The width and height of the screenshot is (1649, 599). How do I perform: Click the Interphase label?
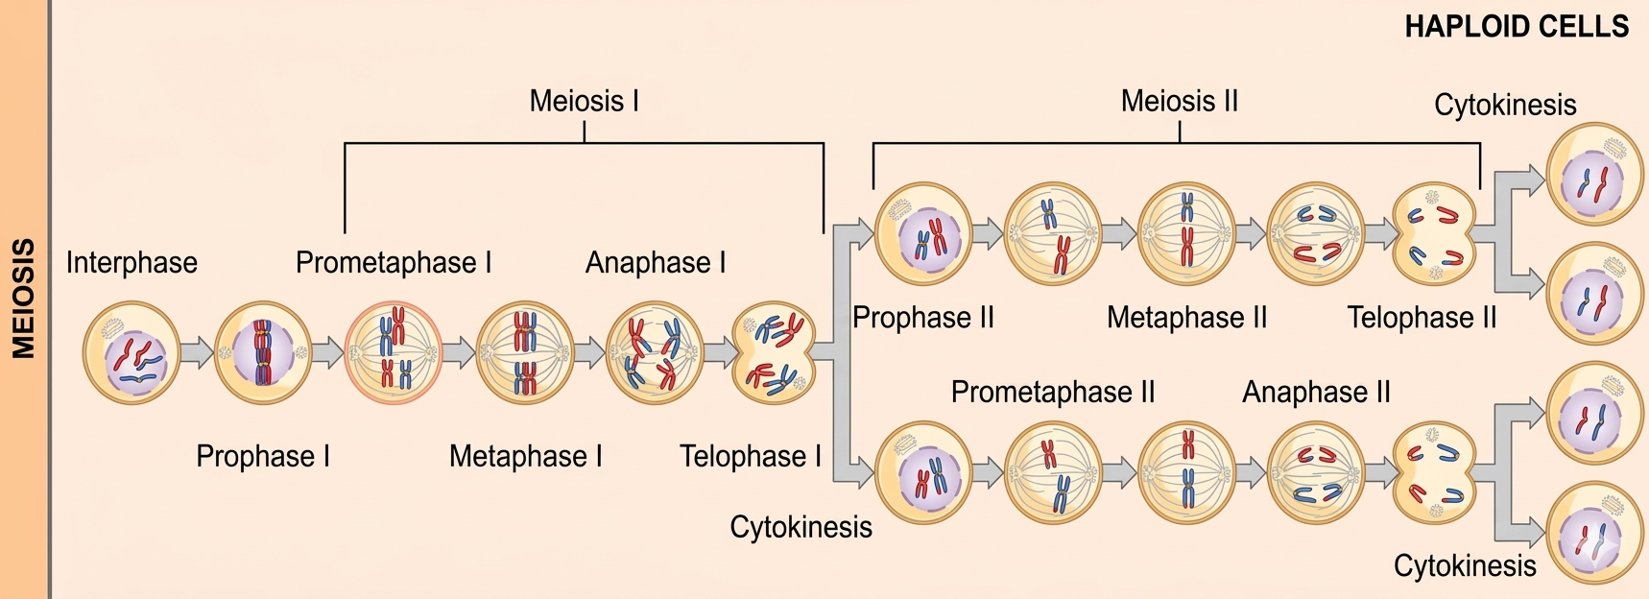131,263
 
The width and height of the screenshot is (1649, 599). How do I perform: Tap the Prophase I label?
263,456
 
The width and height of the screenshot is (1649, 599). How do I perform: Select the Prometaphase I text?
394,263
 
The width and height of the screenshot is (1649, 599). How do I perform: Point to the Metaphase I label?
525,456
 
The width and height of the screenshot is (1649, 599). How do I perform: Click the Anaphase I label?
656,263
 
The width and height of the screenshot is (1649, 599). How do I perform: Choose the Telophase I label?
750,456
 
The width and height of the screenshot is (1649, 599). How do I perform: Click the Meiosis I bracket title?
584,101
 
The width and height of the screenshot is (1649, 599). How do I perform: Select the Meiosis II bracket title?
1179,101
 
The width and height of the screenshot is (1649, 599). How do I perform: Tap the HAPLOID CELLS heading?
1517,26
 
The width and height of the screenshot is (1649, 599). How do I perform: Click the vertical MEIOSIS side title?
24,299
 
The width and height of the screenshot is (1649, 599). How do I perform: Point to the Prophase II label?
922,318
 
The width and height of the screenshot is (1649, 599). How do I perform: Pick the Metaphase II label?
1186,318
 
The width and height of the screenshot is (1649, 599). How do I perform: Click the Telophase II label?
1422,318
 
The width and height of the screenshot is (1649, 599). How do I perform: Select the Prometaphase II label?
1053,392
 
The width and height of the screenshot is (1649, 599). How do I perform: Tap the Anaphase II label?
1316,392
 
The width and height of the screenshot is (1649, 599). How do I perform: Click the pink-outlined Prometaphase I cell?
394,353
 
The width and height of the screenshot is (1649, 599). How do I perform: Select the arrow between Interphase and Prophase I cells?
197,353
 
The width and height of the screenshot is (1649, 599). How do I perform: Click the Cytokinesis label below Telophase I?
801,527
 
